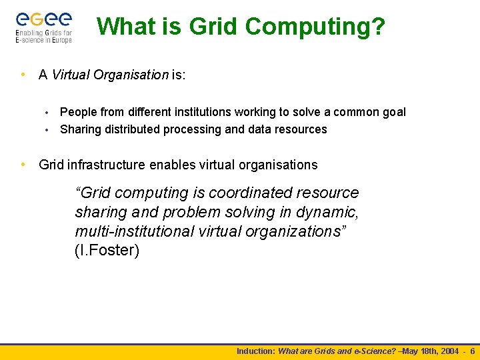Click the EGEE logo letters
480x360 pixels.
coord(43,19)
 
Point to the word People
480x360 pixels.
coord(78,112)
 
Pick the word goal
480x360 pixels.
coord(392,112)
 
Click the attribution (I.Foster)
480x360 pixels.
coord(107,251)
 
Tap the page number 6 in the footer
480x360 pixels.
coord(473,351)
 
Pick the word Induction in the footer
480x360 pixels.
coord(255,351)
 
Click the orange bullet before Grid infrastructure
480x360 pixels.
coord(24,164)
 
